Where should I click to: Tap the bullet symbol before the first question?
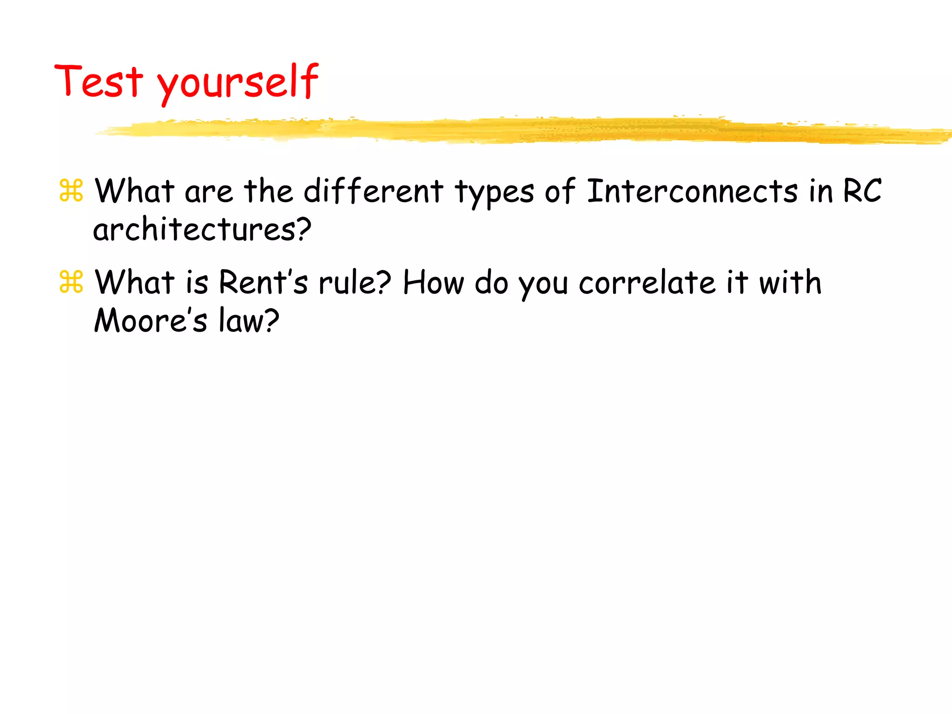[x=71, y=191]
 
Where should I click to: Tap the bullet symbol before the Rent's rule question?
[x=71, y=282]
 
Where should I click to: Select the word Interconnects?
[x=692, y=191]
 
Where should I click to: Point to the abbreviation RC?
[x=862, y=191]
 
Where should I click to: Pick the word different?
[x=373, y=191]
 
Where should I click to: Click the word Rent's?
[x=263, y=282]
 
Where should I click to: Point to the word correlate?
[x=647, y=282]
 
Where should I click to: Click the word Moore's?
[x=150, y=320]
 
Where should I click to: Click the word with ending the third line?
[x=790, y=282]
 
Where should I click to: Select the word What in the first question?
[x=134, y=191]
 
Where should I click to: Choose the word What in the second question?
[x=134, y=282]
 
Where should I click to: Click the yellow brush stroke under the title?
[x=511, y=130]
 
